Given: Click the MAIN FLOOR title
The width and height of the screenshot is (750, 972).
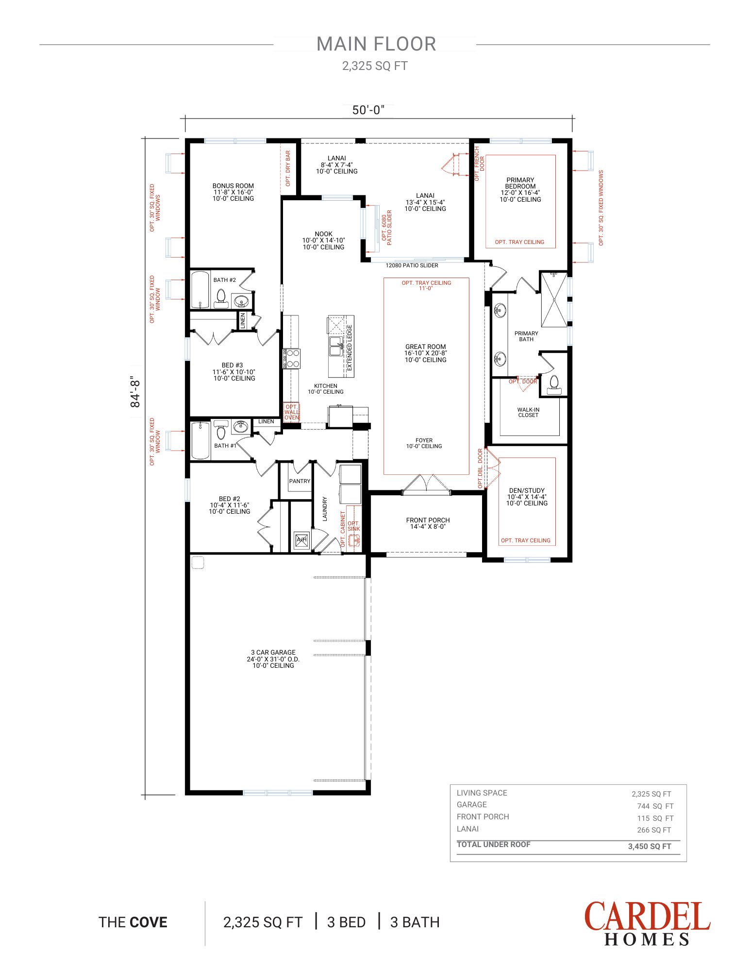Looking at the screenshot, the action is [376, 44].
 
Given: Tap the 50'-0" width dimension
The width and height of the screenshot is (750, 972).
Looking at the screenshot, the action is [368, 110].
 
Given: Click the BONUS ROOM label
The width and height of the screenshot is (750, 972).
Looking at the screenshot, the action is [233, 186].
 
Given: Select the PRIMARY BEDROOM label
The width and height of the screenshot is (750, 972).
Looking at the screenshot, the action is [520, 183].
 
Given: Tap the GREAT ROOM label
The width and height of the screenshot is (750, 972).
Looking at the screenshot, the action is [426, 347].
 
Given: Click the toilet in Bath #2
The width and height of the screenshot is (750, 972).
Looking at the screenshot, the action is [221, 297].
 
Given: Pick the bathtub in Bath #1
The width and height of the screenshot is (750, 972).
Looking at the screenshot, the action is [201, 441].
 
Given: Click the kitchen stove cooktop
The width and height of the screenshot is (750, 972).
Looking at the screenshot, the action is [292, 359].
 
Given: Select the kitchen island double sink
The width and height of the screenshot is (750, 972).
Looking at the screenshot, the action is [336, 347].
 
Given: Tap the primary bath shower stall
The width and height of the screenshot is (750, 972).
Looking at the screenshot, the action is [554, 299].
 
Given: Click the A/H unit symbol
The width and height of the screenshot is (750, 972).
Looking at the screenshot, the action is [301, 540].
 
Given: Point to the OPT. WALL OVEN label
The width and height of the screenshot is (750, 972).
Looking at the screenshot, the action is [292, 412].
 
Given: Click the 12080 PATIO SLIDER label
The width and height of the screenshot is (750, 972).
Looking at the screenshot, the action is [412, 266].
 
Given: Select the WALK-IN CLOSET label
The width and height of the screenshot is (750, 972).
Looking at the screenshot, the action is [528, 413].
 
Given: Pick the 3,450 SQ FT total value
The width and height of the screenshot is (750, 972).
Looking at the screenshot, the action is [650, 846].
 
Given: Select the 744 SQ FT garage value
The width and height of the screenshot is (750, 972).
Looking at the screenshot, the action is [655, 806].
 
